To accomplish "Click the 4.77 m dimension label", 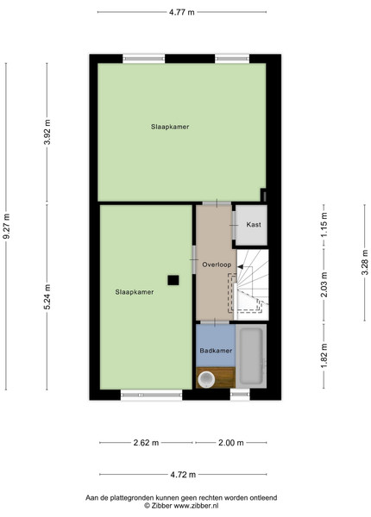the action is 181,13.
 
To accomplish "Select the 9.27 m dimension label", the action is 6,226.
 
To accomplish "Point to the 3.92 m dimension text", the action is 47,132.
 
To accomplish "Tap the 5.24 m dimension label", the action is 47,296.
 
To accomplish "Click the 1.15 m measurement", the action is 324,225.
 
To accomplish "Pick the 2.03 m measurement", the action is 324,284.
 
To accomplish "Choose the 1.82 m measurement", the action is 324,356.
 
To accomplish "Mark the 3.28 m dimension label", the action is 365,262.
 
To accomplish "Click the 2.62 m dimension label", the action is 146,443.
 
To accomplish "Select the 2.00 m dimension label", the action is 231,443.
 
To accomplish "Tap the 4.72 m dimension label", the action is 183,475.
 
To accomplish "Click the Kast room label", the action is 254,225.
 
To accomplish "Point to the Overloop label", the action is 217,265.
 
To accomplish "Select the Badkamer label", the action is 216,351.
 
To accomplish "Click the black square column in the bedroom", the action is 173,280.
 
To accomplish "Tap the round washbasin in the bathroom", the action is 206,379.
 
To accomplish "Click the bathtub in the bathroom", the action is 251,356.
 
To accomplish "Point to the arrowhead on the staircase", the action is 240,267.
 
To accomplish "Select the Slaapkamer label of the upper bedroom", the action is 170,127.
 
